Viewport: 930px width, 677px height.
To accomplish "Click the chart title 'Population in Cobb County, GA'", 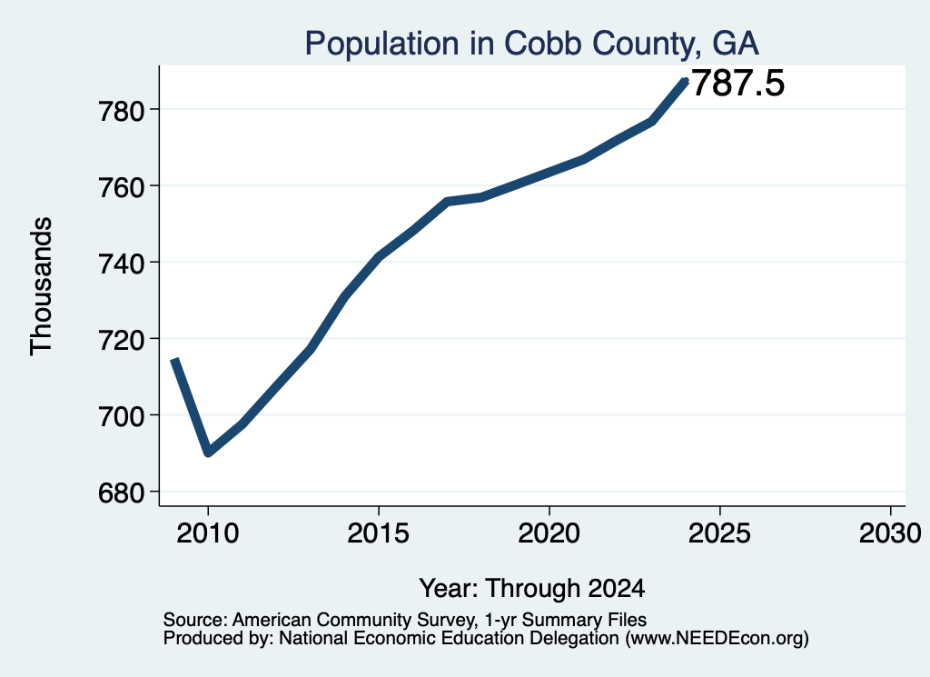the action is [x=531, y=44].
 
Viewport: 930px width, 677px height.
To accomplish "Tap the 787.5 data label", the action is [x=737, y=83].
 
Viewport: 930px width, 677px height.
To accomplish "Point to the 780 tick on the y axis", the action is [x=122, y=110].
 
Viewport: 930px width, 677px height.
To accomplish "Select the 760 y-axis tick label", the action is [x=122, y=187].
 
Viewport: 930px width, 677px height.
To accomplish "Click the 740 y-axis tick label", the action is [x=122, y=263].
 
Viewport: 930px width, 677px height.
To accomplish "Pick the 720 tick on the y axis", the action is [x=122, y=339].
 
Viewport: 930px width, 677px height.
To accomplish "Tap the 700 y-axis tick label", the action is [x=122, y=416].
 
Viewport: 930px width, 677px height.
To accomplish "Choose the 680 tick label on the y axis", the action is [x=122, y=493].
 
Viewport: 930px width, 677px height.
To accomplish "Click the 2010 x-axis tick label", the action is [x=208, y=533].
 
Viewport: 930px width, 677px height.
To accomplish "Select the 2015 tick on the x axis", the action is [x=379, y=533].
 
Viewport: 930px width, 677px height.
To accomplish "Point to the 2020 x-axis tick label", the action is [x=549, y=533].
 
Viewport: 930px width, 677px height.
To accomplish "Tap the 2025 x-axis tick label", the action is [x=719, y=533].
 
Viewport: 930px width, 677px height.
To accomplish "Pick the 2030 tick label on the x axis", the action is [x=890, y=533].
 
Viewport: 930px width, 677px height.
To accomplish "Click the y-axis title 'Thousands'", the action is [x=42, y=286].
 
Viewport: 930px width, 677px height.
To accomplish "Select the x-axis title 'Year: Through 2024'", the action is [x=532, y=588].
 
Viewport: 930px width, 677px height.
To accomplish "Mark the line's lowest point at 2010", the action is [x=208, y=453].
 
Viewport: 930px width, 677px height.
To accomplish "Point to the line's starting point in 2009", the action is [x=174, y=360].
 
